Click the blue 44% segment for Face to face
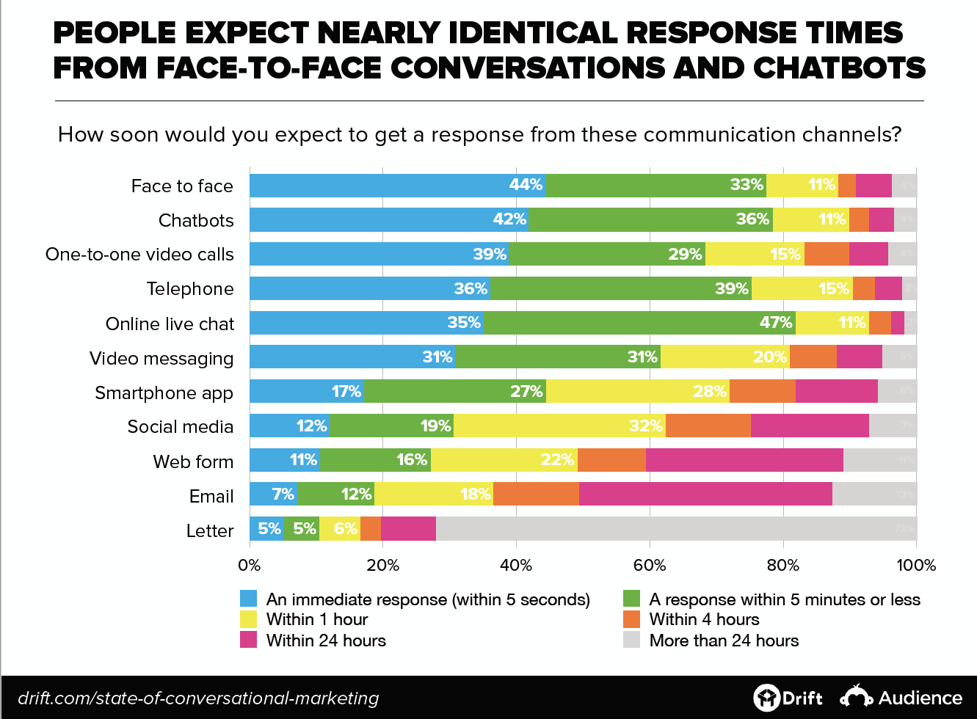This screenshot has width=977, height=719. coord(397,186)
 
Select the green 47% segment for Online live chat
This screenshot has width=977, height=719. coord(639,323)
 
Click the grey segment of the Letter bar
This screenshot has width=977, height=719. coord(675,529)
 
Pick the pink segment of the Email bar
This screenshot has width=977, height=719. coord(705,494)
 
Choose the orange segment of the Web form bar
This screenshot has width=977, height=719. coord(611,460)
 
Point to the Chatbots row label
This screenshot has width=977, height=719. coord(196,221)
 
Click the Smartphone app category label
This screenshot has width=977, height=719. coord(164,393)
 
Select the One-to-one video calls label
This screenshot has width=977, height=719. coord(139,255)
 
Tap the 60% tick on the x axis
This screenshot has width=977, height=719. coord(649,566)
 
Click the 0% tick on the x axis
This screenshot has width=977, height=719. coord(250,566)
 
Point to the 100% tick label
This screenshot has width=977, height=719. coord(916,566)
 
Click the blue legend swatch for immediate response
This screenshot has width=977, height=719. coord(249,599)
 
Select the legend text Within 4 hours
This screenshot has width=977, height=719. coord(704,619)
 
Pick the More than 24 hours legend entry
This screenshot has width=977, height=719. coord(723,640)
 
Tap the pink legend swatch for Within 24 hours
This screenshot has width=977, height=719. coord(249,640)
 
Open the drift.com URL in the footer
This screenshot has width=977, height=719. coord(198,698)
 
